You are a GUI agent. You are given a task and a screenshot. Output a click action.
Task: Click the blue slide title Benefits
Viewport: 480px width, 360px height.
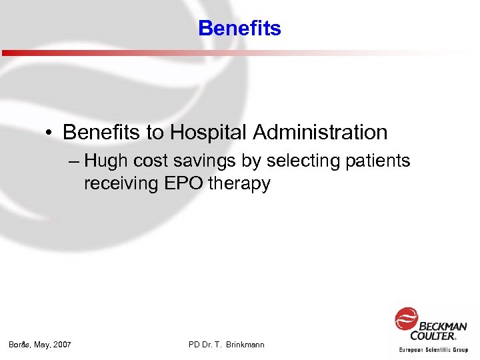coord(239,29)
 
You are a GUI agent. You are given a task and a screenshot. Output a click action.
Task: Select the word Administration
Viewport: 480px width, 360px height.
coord(320,133)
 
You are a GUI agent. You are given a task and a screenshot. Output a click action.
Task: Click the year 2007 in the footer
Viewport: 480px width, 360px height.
coord(61,345)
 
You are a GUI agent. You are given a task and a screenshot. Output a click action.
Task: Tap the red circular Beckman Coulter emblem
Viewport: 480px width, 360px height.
coord(405,319)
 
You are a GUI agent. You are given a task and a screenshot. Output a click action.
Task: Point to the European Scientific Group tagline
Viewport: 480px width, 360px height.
coord(433,349)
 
